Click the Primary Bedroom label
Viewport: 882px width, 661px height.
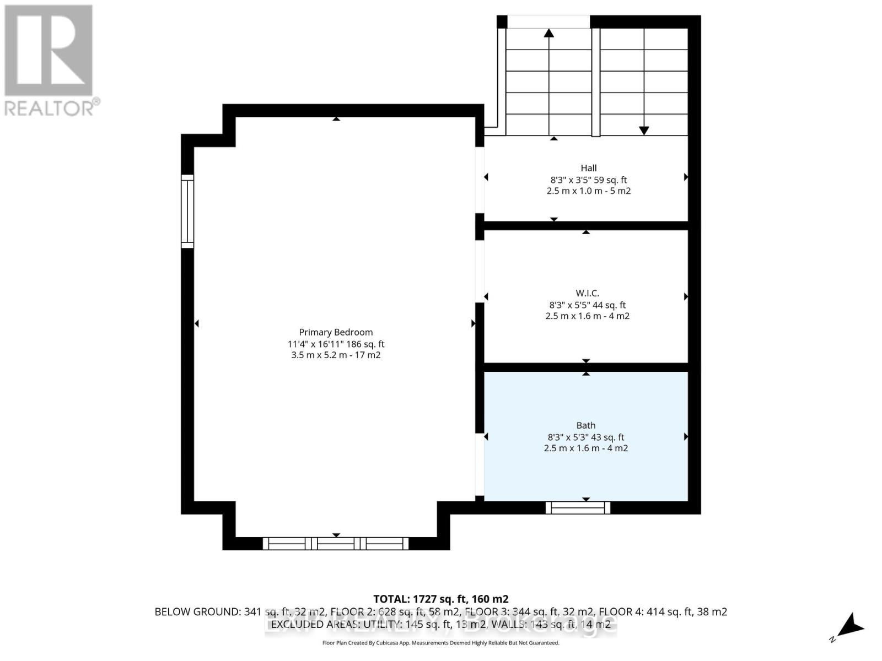(x=336, y=332)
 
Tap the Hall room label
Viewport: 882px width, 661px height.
(x=588, y=168)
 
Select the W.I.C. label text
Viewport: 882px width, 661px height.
(x=587, y=293)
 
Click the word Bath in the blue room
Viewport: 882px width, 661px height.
(x=585, y=425)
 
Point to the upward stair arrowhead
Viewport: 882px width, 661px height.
(x=548, y=33)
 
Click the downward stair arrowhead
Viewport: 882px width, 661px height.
(x=644, y=131)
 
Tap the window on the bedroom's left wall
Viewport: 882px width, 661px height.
(x=187, y=211)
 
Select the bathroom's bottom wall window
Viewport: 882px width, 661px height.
(x=578, y=508)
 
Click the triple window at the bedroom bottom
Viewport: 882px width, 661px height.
(x=336, y=544)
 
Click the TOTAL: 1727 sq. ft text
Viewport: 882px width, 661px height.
(x=440, y=599)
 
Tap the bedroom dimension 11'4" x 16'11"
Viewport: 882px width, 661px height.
(x=336, y=344)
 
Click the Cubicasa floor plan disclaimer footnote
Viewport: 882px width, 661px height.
(x=440, y=643)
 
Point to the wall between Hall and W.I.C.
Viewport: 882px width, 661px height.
(x=586, y=225)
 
